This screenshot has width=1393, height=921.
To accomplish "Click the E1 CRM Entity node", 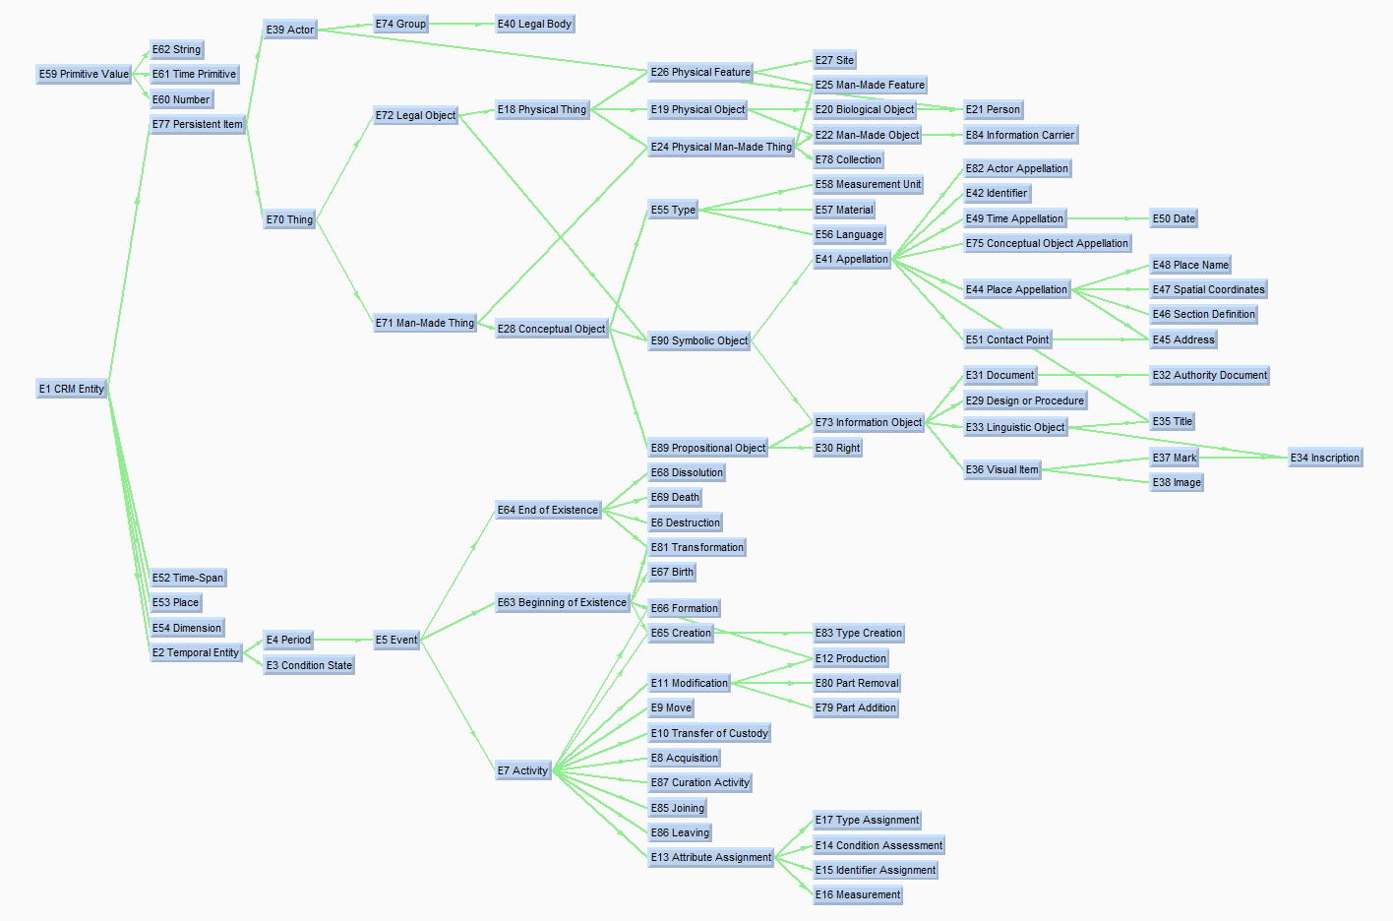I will pos(71,389).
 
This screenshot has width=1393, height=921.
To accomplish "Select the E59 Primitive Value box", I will pos(84,74).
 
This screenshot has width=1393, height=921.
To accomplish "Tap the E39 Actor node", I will pos(289,30).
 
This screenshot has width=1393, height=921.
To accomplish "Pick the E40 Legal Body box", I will pos(534,24).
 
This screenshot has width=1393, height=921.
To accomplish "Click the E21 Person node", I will pos(993,109).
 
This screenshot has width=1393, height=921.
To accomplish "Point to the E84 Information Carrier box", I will pos(1020,135).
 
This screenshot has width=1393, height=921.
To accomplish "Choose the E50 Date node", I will pos(1174,218).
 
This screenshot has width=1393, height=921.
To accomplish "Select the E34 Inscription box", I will pos(1325,458).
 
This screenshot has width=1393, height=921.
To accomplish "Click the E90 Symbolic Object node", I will pos(698,340).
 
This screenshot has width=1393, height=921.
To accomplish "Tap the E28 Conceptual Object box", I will pos(551,329).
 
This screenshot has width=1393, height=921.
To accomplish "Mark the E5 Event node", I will pos(396,640).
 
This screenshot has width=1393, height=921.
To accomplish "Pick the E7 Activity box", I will pos(522,770).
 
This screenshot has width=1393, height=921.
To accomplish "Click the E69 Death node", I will pos(675,497).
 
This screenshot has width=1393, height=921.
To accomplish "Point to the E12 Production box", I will pos(850,658).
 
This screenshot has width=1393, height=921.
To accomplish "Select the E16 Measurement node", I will pos(858,894).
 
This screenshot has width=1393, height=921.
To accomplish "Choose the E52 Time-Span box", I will pos(188,578).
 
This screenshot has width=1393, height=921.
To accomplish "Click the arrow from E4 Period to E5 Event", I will pos(342,640).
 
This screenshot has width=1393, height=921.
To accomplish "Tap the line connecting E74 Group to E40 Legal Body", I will pos(461,24).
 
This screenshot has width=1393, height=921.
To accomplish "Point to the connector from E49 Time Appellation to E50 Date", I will pos(1108,218).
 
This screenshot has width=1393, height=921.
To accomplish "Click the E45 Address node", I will pos(1183,339).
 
